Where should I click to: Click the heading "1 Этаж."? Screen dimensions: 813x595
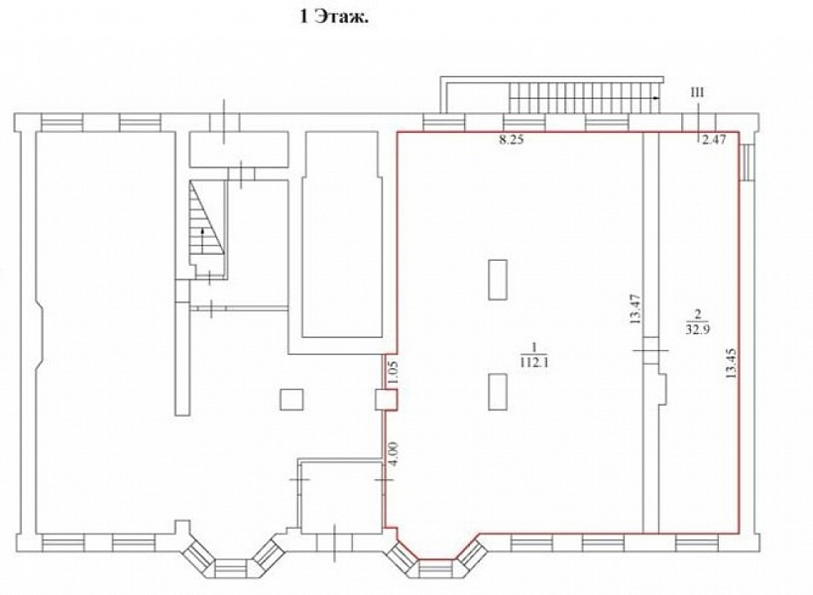coord(334,18)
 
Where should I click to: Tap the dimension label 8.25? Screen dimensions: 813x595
coord(512,140)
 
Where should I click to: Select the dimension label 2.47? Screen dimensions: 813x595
coord(714,139)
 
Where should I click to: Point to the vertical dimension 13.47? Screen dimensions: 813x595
coord(637,309)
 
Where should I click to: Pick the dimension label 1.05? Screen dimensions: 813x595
coord(393,373)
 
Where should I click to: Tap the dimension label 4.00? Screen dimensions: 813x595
coord(393,454)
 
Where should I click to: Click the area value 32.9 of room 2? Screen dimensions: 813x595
coord(697,329)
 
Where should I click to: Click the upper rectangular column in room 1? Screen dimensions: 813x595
coord(498,280)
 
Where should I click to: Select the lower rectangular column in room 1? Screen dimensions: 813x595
coord(498,392)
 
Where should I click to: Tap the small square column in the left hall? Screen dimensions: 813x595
coord(291,400)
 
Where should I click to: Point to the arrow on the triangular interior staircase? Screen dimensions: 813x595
coord(202,238)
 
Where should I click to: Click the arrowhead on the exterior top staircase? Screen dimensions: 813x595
coord(656,97)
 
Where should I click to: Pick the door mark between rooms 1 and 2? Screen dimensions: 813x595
coord(650,351)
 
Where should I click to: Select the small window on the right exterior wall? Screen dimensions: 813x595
coord(748,163)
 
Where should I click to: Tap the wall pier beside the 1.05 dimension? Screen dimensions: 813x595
coord(387,400)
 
